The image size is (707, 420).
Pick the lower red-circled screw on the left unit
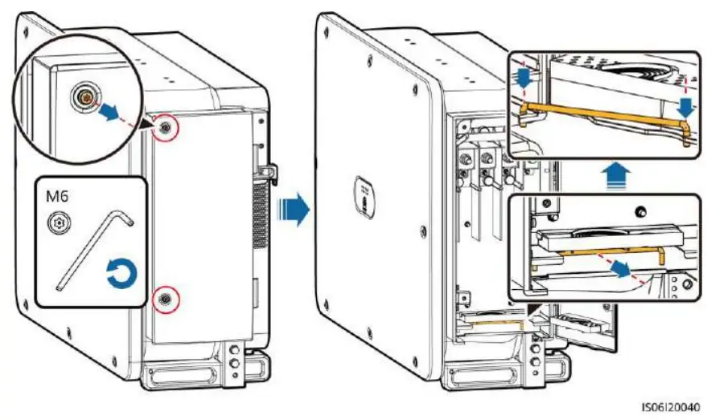click(x=165, y=298)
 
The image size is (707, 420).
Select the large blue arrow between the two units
click(x=290, y=213)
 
